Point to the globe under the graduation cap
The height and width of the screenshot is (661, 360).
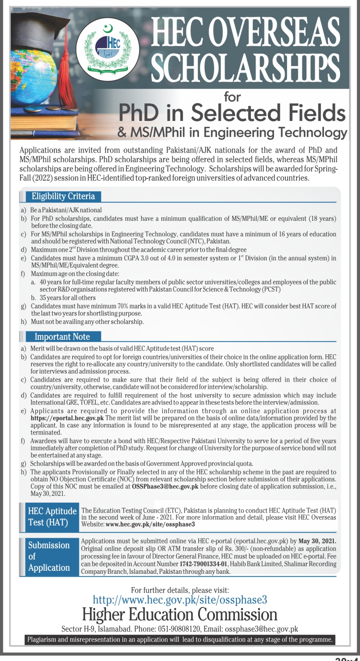(x=37, y=77)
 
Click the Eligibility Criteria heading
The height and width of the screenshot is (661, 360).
(x=63, y=196)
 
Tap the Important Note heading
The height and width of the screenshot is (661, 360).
(x=62, y=336)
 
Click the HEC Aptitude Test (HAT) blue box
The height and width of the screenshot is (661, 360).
(x=52, y=517)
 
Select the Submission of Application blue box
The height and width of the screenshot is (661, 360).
(x=49, y=556)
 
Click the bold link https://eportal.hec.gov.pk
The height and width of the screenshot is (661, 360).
(x=67, y=418)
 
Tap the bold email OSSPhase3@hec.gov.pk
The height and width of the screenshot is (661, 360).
(x=165, y=486)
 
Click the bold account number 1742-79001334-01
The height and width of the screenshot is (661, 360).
(x=203, y=564)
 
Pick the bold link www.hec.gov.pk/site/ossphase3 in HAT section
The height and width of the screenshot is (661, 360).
(x=150, y=524)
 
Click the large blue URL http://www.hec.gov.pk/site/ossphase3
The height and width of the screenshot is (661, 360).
(x=180, y=600)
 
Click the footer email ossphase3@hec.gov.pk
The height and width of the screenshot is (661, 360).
(x=261, y=629)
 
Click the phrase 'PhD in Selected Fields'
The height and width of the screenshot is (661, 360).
(x=232, y=113)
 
